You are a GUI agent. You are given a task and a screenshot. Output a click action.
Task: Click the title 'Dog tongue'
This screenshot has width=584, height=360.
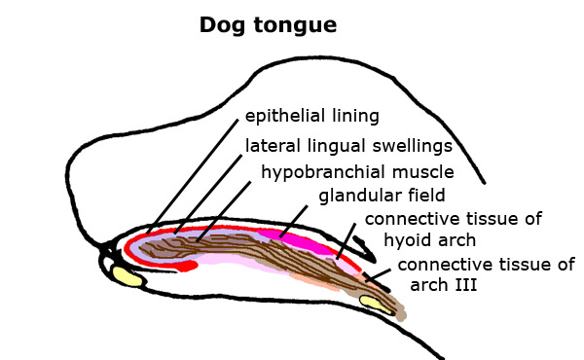(x=268, y=24)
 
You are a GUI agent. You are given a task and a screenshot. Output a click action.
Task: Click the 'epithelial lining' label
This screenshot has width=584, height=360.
(x=311, y=118)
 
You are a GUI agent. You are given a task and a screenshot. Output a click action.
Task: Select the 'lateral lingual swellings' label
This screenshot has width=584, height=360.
(x=348, y=146)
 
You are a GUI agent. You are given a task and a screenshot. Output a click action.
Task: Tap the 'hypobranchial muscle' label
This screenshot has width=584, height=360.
(x=357, y=172)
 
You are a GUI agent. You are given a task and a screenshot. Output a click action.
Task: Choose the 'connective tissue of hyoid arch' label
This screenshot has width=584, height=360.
(x=453, y=228)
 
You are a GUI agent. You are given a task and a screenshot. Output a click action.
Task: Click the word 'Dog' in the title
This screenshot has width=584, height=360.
(x=220, y=24)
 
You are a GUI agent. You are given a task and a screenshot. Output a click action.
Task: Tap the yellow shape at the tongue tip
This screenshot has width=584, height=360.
(x=128, y=277)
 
